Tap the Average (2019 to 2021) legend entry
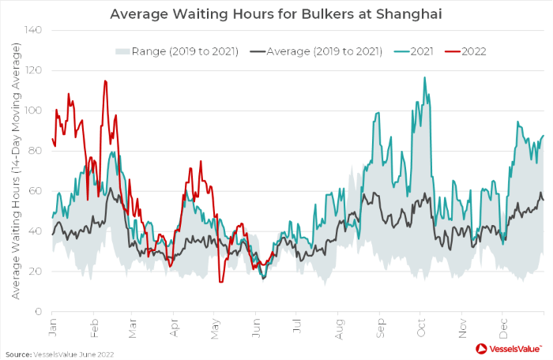click(323, 52)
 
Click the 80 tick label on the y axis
click(36, 151)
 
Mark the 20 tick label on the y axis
click(36, 272)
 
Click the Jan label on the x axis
click(53, 324)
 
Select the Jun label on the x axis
click(256, 324)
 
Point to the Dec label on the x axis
click(503, 324)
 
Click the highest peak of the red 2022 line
click(105, 81)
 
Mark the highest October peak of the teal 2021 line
click(424, 77)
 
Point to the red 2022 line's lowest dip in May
click(221, 282)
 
